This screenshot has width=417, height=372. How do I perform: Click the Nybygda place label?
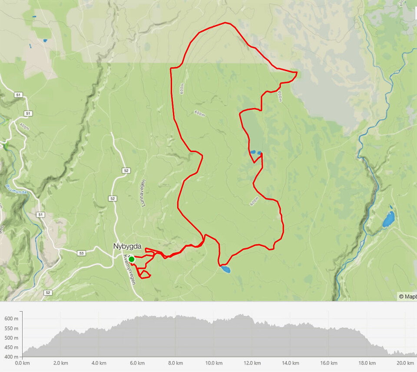coord(127,246)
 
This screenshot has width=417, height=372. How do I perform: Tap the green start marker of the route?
coord(131,259)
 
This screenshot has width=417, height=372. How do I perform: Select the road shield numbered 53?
coord(82,253)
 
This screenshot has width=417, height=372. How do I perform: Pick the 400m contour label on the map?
coord(24,126)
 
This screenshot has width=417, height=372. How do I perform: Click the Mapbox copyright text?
coord(407,297)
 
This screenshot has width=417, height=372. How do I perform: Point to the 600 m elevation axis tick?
coord(11,319)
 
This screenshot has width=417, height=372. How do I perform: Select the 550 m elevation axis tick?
coord(11,328)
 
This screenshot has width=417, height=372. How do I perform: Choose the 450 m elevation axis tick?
coord(11,347)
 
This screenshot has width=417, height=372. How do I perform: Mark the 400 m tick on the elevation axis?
coord(11,357)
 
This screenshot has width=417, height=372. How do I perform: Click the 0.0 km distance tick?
coord(23,363)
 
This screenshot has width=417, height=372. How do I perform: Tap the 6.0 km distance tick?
coord(137,363)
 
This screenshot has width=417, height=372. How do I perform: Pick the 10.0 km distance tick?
coord(214,363)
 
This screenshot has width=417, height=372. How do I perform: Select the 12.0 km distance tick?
coord(252,363)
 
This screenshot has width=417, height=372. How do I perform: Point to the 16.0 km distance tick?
coord(328,363)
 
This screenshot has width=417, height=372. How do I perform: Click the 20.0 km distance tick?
coord(405,363)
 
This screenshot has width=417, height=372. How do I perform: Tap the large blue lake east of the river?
coord(388,220)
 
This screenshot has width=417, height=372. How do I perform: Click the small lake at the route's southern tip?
coord(225,269)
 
